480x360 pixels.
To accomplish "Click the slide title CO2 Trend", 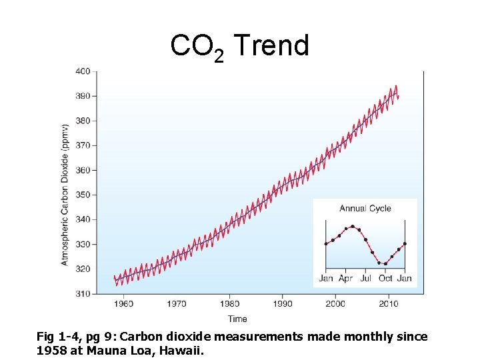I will pos(239,47).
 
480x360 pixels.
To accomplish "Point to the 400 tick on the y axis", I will pos(83,71).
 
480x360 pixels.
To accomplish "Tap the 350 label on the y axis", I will pos(83,195).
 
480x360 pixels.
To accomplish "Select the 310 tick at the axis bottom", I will pos(83,293).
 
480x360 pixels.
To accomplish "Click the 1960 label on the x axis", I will pos(124,304).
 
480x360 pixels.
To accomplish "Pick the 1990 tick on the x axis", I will pos(283,304).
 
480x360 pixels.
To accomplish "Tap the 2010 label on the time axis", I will pos(389,304).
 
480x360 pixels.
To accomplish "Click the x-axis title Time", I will pos(237,319).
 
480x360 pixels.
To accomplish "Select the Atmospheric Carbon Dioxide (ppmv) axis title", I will pos(65,194).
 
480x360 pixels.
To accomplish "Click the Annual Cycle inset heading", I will pos(365,209).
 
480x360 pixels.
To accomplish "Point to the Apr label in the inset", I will pos(345,278).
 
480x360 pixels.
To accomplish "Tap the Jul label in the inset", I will pos(365,278).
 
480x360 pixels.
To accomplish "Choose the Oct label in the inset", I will pos(385,278).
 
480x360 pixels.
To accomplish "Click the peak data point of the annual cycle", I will pos(353,227).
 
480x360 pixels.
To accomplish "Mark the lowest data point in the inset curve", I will pos(385,263).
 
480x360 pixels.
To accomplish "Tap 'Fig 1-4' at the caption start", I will pos(55,337).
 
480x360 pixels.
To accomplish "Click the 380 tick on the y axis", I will pos(83,121).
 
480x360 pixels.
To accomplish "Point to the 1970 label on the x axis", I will pos(177,304).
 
